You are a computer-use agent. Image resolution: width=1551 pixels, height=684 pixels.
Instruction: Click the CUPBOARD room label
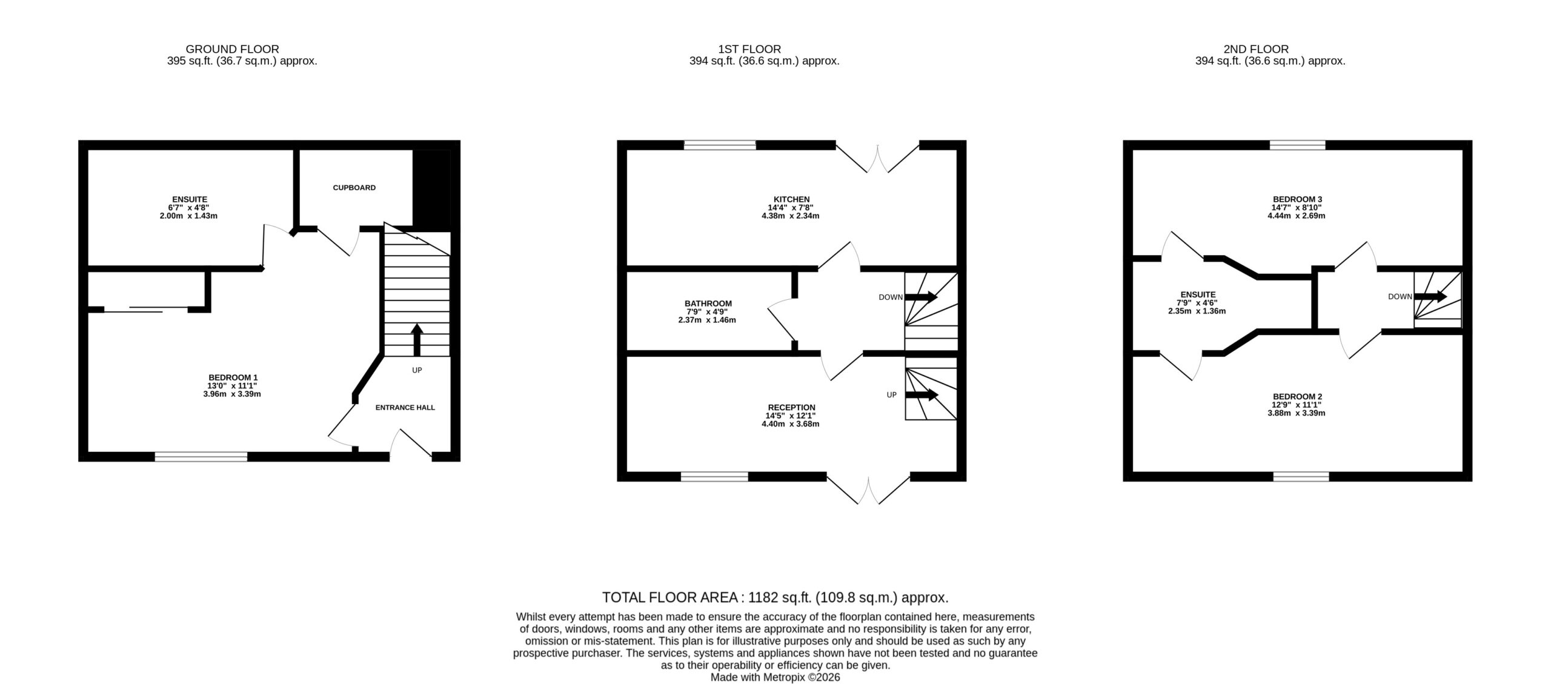[354, 188]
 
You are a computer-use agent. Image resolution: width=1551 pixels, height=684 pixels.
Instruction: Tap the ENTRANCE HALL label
[405, 408]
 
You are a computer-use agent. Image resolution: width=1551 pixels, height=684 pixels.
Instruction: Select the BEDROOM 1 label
[234, 377]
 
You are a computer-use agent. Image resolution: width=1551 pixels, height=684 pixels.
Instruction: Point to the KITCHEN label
[791, 199]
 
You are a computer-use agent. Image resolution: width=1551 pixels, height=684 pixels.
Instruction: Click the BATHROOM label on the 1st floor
[708, 304]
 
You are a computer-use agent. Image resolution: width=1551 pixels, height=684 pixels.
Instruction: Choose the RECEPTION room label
[791, 407]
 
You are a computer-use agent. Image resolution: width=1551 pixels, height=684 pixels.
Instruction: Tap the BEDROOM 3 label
[1297, 199]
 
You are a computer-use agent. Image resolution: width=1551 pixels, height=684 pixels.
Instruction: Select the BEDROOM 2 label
[1297, 397]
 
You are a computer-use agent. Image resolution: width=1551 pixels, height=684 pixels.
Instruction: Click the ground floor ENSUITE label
[190, 199]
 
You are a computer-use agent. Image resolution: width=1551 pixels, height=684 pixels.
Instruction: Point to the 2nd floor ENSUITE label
[1198, 295]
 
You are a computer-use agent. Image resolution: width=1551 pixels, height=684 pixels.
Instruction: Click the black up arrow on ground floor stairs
[417, 340]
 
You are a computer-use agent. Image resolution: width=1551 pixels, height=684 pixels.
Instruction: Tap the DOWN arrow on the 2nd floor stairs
[1430, 297]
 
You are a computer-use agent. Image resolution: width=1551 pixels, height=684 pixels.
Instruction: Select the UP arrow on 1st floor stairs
[922, 395]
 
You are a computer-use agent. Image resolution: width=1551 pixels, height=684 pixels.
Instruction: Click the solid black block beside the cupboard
[431, 190]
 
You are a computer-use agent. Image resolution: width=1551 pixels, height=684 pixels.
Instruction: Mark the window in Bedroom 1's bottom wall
[201, 457]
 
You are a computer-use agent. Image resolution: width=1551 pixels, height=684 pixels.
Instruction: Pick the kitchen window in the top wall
[720, 145]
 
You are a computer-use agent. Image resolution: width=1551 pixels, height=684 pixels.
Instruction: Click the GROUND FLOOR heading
[233, 49]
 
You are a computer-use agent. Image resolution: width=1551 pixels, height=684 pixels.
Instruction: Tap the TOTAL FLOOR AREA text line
[775, 598]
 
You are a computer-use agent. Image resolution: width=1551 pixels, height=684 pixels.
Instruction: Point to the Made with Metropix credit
[775, 677]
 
